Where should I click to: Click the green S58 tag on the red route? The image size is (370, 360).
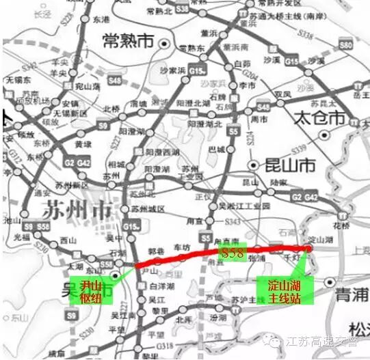[233, 253]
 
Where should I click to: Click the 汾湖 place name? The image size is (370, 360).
[217, 318]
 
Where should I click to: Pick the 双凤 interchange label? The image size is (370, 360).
[282, 94]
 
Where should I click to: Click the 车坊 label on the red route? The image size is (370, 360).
[181, 246]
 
